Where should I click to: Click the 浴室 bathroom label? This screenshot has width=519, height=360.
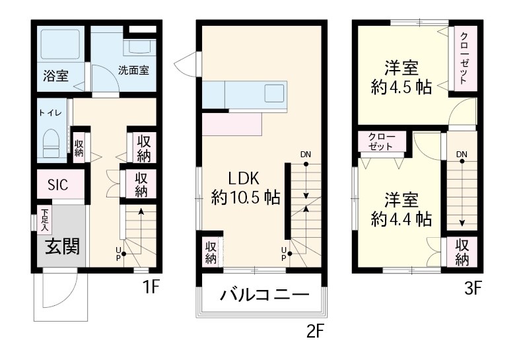(56, 75)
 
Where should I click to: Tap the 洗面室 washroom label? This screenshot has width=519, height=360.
(133, 70)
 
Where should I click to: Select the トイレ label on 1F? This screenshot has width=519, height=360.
(51, 113)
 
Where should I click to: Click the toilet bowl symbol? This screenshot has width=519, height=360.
(51, 142)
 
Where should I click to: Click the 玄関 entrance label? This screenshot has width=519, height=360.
(62, 246)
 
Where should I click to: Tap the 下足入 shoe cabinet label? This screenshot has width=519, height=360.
(45, 220)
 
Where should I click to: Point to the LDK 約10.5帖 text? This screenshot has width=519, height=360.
(246, 188)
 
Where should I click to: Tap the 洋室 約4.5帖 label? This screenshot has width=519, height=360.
(401, 78)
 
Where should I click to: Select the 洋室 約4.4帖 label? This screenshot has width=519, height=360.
(401, 209)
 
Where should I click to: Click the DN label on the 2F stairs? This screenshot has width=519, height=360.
(305, 155)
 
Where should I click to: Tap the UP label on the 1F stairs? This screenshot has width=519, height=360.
(119, 253)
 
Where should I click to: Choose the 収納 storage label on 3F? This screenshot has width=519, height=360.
(462, 252)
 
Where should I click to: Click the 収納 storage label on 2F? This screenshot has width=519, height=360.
(210, 252)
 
